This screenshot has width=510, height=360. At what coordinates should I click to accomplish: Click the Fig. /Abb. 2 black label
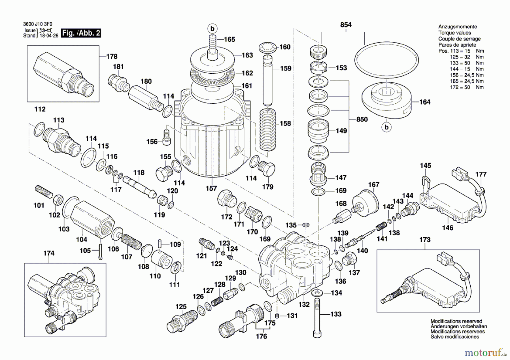[x=81, y=33]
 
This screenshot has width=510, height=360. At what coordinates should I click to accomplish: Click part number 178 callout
[x=112, y=56]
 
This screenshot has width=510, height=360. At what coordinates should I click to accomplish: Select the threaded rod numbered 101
[x=44, y=192]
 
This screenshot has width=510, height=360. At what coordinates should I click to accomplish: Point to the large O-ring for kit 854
[x=386, y=60]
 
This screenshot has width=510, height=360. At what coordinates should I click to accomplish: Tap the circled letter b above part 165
[x=212, y=29]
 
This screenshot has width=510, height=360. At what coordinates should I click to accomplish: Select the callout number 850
[x=362, y=119]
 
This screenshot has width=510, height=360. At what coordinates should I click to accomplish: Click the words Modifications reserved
[x=456, y=321]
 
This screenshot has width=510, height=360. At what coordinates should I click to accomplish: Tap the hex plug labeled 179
[x=267, y=169]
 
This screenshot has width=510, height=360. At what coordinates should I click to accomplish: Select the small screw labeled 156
[x=167, y=137]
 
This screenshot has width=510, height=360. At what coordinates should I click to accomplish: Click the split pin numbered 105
[x=101, y=251]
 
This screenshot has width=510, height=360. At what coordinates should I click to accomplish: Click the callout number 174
[x=49, y=253]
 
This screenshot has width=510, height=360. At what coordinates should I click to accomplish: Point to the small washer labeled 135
[x=306, y=225]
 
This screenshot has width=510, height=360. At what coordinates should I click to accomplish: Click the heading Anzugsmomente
[x=457, y=27]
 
